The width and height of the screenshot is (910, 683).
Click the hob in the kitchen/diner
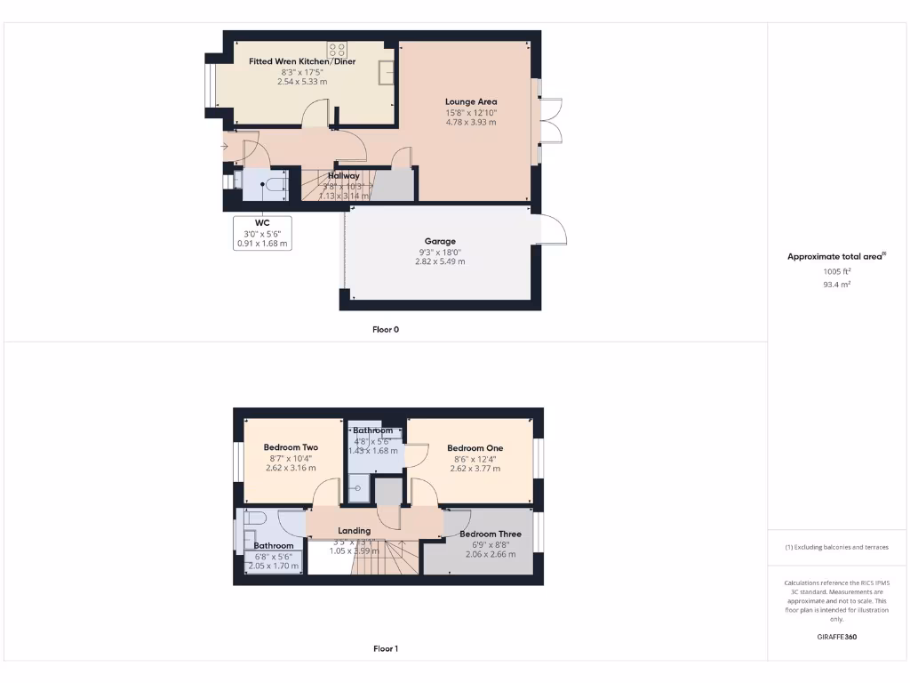[337, 50]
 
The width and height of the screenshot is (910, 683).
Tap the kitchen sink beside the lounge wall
[387, 71]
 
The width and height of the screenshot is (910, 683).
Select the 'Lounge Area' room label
[471, 101]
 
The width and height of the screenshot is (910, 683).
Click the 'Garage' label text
[440, 241]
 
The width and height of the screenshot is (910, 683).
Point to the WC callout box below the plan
[262, 232]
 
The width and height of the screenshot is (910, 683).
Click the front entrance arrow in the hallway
[224, 147]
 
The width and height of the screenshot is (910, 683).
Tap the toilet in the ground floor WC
[274, 184]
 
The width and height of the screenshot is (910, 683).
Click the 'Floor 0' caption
[385, 329]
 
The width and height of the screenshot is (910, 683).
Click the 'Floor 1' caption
[385, 648]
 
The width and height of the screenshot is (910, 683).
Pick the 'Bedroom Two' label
[291, 447]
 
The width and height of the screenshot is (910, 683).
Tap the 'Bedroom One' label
[475, 448]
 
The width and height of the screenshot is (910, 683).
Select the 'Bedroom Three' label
[490, 534]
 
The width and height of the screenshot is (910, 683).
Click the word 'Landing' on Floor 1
[354, 531]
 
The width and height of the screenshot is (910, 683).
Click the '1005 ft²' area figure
[835, 272]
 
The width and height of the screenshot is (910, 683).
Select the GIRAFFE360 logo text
[836, 637]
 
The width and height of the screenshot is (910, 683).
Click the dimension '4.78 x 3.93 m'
[471, 122]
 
